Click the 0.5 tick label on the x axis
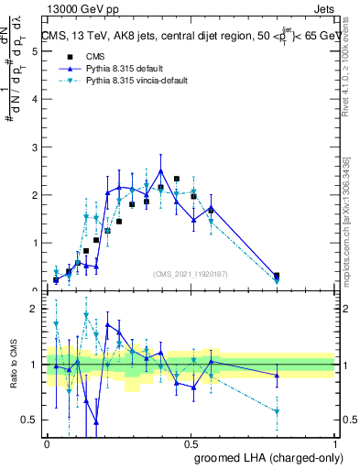pyautogui.click(x=191, y=444)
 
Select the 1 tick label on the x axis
pyautogui.click(x=335, y=444)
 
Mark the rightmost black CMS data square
pyautogui.click(x=277, y=275)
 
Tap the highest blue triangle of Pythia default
pyautogui.click(x=161, y=171)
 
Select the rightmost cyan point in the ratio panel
pyautogui.click(x=277, y=411)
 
